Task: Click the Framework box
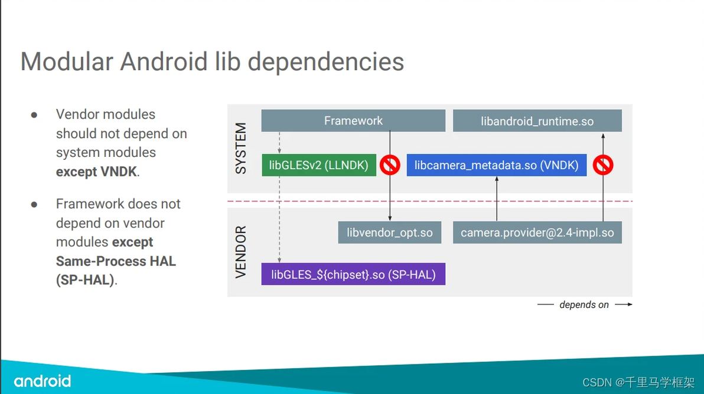pos(353,121)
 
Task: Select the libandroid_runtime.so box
pos(537,122)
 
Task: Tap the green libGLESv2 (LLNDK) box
pos(318,166)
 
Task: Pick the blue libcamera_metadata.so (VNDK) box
pos(496,166)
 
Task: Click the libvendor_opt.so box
pos(390,232)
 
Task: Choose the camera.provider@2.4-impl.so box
pos(537,232)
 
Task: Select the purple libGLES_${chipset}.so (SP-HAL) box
pos(353,274)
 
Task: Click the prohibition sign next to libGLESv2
pos(390,165)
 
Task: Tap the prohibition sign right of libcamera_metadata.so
pos(603,165)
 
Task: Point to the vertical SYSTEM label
pos(241,149)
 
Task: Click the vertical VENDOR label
pos(241,251)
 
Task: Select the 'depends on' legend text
pos(584,305)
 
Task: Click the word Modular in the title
pos(67,62)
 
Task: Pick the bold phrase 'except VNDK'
pos(97,172)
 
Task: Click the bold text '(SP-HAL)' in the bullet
pos(85,280)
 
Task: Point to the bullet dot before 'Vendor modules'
pos(34,114)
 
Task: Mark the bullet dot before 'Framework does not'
pos(34,204)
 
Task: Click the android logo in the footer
pos(43,381)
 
